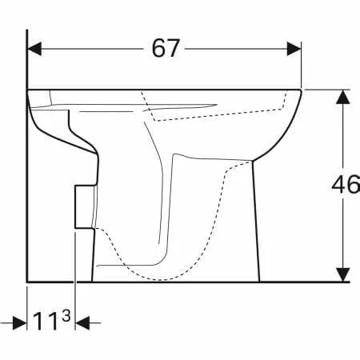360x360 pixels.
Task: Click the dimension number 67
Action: pos(166,48)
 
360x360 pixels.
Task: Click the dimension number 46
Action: pos(346,185)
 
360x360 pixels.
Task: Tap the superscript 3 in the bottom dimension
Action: pos(66,315)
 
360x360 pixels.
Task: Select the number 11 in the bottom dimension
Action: pos(46,322)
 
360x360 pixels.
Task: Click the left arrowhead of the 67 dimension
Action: pos(34,49)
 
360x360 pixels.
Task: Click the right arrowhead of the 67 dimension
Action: pos(294,49)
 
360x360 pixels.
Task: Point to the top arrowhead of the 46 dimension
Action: pos(342,97)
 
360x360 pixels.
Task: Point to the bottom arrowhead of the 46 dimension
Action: pos(342,274)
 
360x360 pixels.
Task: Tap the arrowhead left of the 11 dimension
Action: pos(20,323)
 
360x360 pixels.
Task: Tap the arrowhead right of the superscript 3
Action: pos(82,323)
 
